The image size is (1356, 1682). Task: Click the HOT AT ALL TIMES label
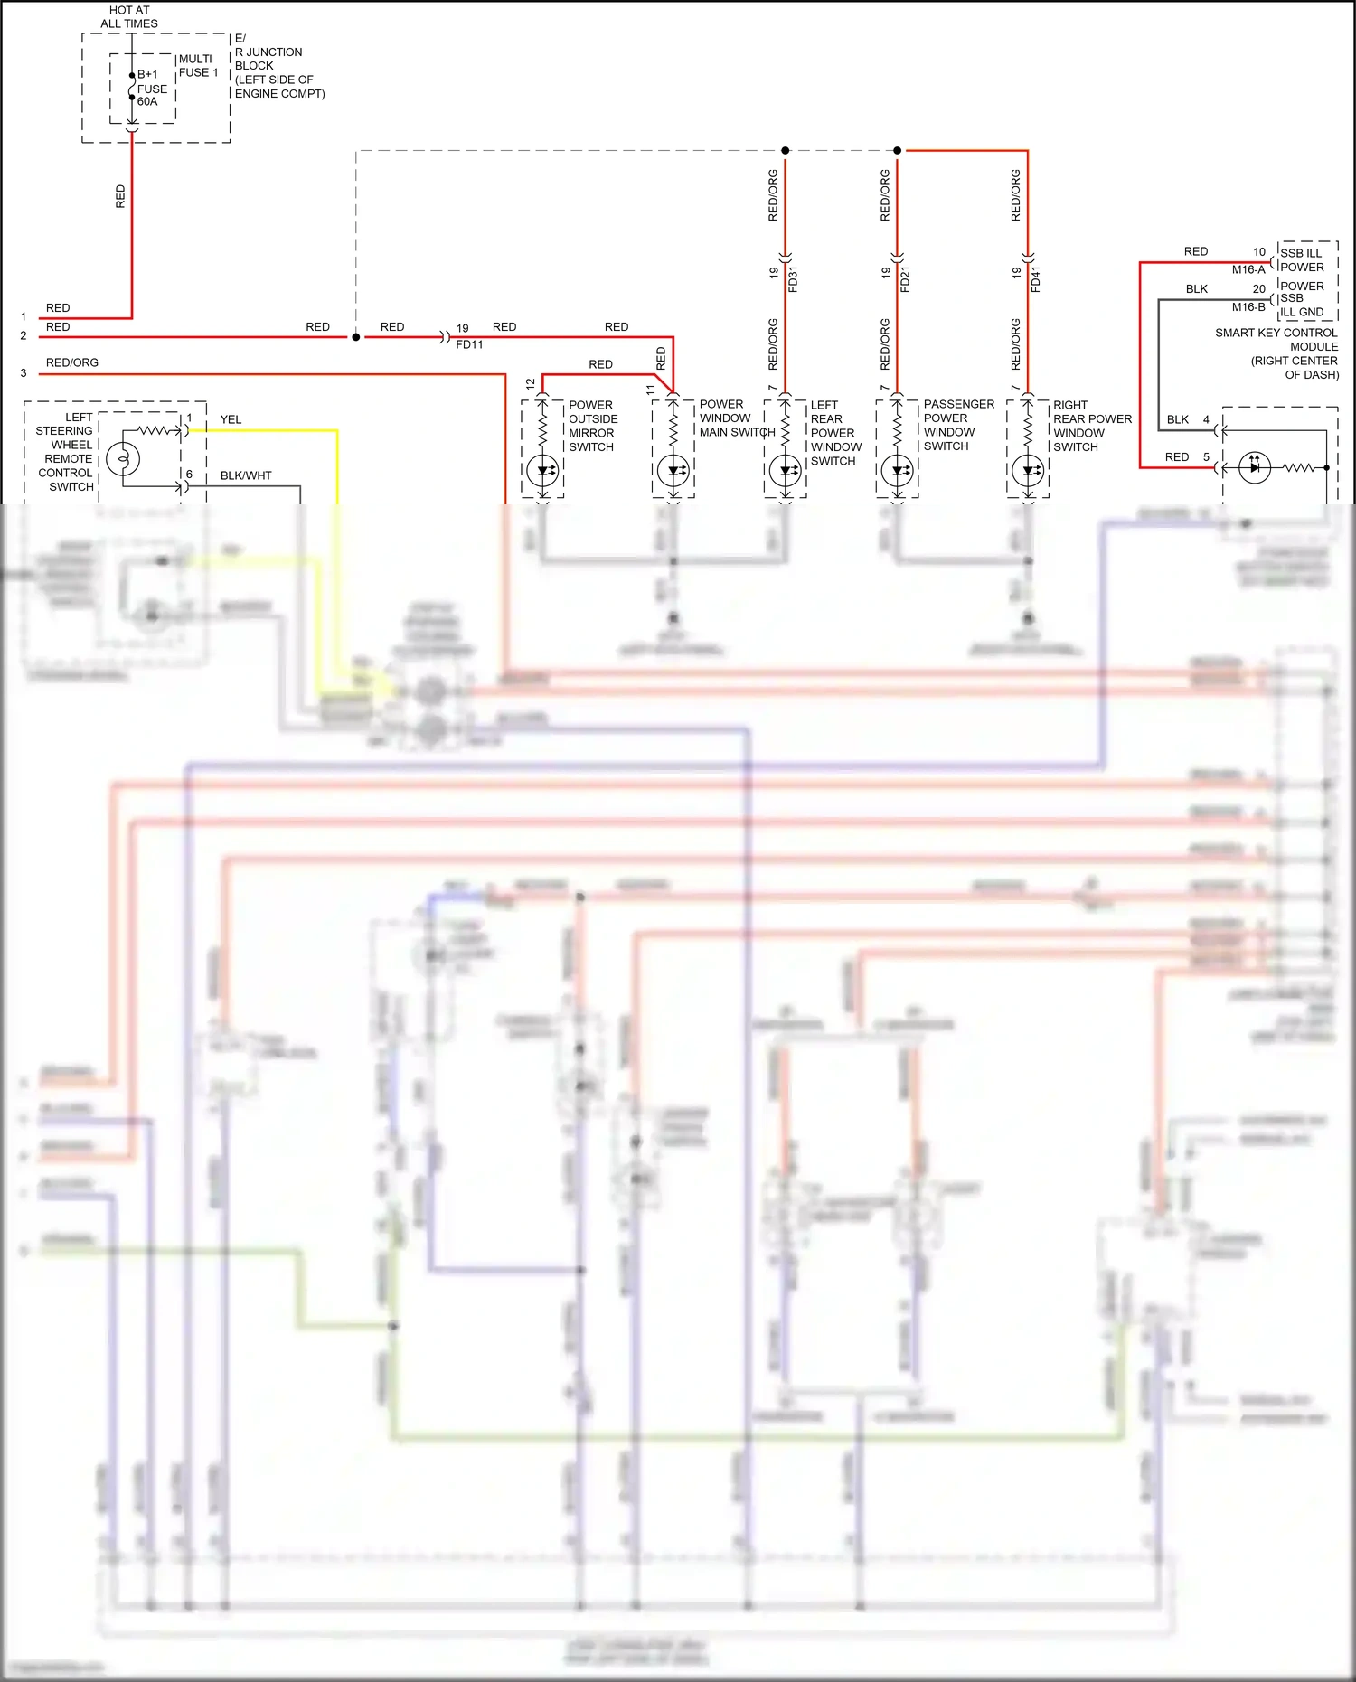click(x=128, y=17)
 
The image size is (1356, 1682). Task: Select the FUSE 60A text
click(x=151, y=95)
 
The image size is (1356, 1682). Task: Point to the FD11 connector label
click(x=469, y=344)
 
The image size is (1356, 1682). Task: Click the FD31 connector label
click(x=793, y=279)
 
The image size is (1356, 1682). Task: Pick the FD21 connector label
click(x=905, y=279)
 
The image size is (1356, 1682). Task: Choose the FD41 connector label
click(x=1035, y=279)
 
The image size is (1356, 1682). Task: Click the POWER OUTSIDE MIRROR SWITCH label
click(x=593, y=426)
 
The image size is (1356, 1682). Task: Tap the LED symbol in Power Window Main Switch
click(x=673, y=470)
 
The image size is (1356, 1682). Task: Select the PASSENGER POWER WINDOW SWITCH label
click(x=957, y=425)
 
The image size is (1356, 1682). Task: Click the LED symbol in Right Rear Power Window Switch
click(x=1028, y=470)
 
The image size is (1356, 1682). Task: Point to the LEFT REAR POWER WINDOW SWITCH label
click(x=834, y=433)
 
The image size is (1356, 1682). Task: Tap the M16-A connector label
click(x=1248, y=269)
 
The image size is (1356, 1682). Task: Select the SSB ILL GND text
click(x=1302, y=305)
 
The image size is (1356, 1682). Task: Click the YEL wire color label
click(x=231, y=419)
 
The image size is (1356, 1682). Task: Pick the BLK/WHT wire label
click(x=246, y=475)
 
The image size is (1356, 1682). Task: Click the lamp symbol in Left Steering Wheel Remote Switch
click(x=123, y=459)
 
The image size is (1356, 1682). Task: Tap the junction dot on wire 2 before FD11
click(x=356, y=337)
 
